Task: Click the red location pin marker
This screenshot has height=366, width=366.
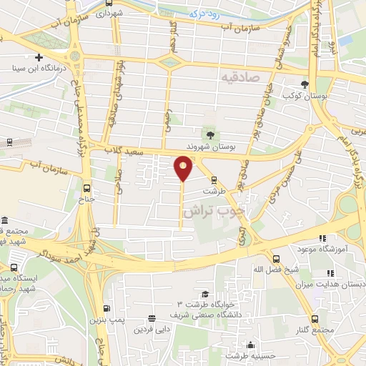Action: click(x=183, y=169)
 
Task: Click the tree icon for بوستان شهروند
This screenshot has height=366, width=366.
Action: click(x=210, y=134)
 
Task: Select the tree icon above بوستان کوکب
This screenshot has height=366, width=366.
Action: click(x=305, y=84)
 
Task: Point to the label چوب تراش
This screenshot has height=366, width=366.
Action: click(x=213, y=212)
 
